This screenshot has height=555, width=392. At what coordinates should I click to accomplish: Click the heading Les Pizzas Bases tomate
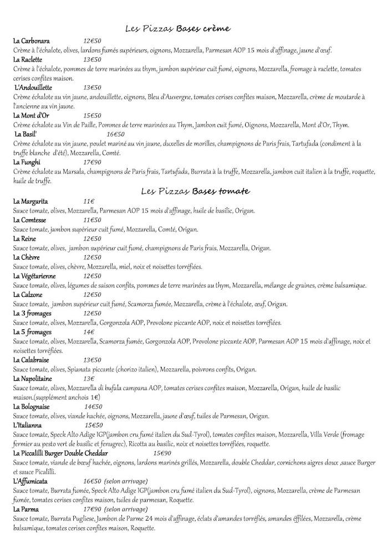(195, 191)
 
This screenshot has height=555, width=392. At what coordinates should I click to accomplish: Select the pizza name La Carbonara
(32, 41)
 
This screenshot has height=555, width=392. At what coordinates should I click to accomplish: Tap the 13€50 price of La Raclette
(93, 59)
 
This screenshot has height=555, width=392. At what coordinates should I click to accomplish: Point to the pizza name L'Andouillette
(33, 88)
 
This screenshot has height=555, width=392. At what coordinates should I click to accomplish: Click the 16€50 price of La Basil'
(115, 134)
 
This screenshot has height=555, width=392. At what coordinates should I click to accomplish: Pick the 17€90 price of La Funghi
(93, 162)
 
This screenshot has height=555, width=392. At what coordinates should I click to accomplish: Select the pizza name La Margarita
(31, 201)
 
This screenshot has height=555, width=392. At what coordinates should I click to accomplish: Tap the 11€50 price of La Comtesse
(93, 220)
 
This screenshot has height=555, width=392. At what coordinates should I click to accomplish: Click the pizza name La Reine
(25, 239)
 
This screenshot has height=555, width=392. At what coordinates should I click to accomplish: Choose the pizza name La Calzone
(28, 295)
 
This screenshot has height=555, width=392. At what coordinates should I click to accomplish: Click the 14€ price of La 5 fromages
(89, 332)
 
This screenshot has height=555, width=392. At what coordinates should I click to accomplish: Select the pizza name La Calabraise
(32, 360)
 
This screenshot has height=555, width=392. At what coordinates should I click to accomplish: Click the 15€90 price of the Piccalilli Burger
(162, 453)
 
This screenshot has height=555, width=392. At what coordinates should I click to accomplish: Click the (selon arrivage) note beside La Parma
(126, 509)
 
